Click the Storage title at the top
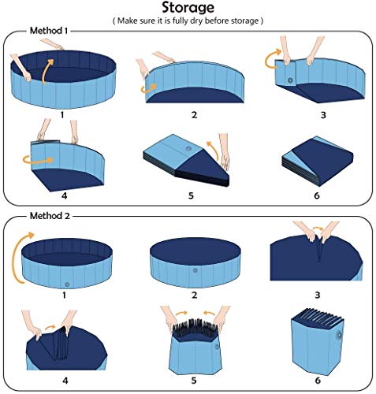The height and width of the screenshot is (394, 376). [188, 9]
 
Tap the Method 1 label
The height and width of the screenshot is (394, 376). [48, 31]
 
